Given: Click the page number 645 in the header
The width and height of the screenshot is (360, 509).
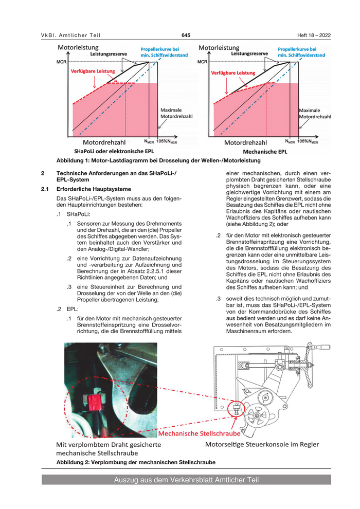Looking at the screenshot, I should click(x=186, y=35).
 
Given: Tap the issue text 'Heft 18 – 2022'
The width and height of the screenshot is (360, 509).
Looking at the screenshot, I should click(x=314, y=35).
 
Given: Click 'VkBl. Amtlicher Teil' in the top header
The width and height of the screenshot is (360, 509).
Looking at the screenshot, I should click(x=71, y=35).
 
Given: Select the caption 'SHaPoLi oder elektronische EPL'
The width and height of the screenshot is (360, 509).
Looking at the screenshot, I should click(x=111, y=152).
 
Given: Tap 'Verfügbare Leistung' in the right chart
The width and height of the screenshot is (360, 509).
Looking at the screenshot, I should click(x=233, y=73).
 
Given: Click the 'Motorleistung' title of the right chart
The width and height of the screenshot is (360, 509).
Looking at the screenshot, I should click(x=219, y=47).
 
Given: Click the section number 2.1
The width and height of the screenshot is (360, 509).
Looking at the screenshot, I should click(x=45, y=189).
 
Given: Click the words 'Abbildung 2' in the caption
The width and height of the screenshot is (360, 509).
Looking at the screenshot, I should click(x=73, y=462).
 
